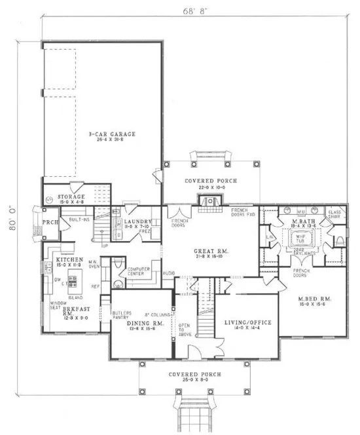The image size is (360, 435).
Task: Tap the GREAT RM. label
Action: pyautogui.click(x=210, y=251)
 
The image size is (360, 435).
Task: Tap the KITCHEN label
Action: pyautogui.click(x=69, y=260)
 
